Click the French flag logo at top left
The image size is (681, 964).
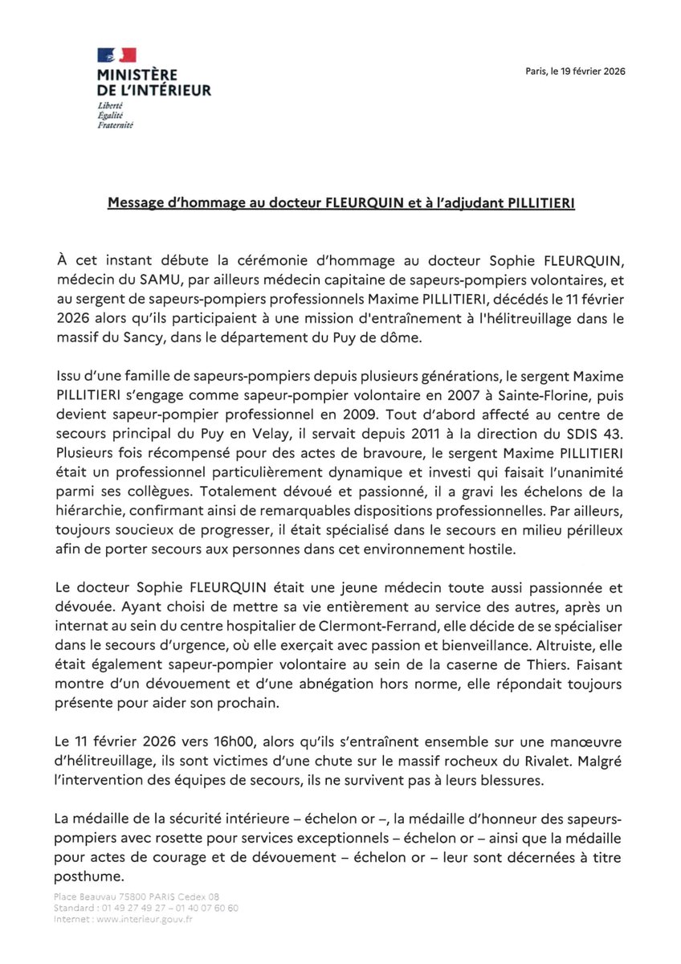coord(116,55)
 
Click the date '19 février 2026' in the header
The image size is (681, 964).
coord(593,71)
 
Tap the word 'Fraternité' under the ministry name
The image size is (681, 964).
coord(116,126)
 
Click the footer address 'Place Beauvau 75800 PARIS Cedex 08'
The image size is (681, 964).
coord(137,896)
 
